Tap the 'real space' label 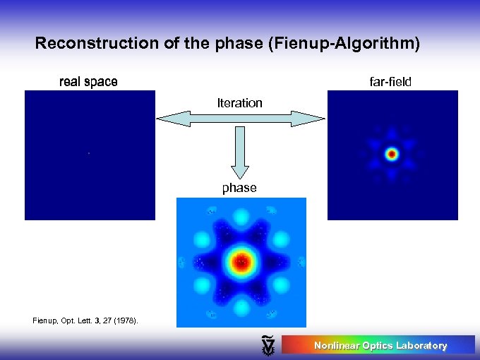88,82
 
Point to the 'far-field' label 390,82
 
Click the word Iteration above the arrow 239,103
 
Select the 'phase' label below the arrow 239,188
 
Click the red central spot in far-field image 392,153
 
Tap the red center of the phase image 241,263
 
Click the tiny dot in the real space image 89,153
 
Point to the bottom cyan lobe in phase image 241,308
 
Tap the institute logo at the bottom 268,345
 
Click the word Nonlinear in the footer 337,345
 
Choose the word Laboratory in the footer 421,345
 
